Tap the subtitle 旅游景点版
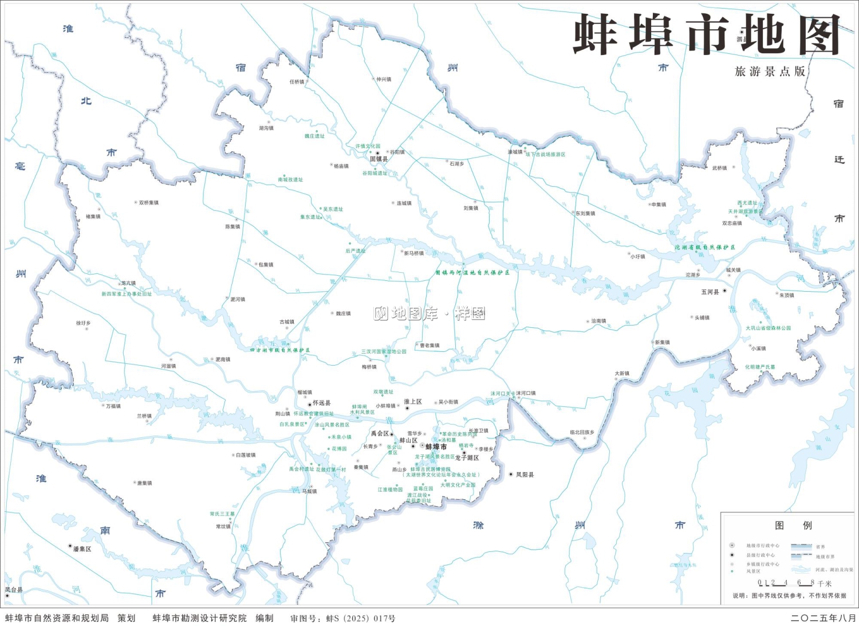coord(770,72)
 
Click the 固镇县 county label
coord(379,159)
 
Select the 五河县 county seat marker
coord(724,291)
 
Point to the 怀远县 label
coord(321,403)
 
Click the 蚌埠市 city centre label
coord(436,446)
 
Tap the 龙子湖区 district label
coord(467,458)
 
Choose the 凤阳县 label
coord(525,475)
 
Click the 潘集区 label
coord(82,548)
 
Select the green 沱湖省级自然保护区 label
coord(704,248)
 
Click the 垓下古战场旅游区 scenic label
coord(545,154)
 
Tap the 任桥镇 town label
coord(297,82)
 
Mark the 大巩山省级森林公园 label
coord(768,328)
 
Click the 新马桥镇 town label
coord(413,253)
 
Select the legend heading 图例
coord(793,526)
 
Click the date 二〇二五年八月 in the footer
coord(823,618)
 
